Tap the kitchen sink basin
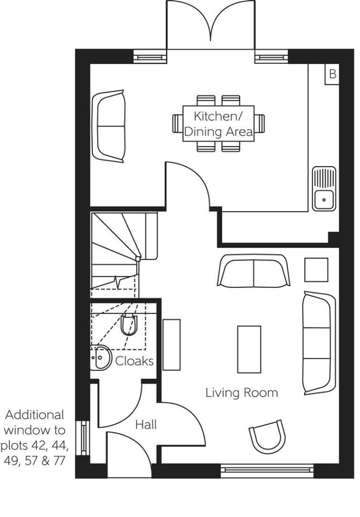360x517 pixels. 324,200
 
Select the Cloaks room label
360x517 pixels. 134,361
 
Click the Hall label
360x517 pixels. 146,424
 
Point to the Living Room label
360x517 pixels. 242,393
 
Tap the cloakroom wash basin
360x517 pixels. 100,357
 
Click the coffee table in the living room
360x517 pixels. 249,349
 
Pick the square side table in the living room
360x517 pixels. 316,270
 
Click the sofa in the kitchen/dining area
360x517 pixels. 109,126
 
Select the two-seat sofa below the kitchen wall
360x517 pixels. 253,271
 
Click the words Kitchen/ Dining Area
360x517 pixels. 219,124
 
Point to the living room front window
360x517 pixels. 267,469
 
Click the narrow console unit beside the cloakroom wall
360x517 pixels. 172,344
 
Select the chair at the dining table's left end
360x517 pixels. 178,124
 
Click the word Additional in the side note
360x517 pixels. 35,415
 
